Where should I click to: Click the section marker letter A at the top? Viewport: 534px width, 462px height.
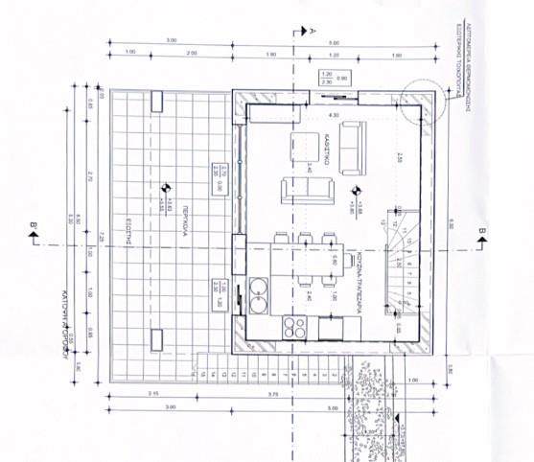[313, 30]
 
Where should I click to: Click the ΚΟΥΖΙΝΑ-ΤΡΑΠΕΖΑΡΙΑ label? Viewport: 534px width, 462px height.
[354, 279]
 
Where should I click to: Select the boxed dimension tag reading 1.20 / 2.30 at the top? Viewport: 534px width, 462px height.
[326, 79]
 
